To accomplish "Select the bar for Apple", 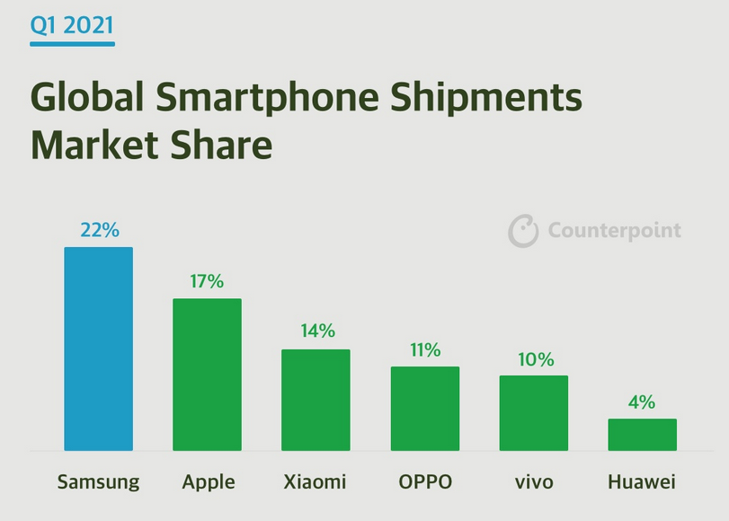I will pos(207,375).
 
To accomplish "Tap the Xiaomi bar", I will pos(316,400).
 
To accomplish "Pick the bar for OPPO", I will pos(424,409).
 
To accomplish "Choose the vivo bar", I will pos(533,413).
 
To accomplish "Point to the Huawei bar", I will pos(642,435).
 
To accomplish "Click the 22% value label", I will pos(99,230).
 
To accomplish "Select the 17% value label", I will pos(207,281).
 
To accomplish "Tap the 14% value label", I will pos(316,331).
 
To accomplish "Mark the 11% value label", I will pos(425,349).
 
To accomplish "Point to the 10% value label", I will pos(534,358).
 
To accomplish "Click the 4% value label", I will pos(642,402).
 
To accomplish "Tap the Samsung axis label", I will pos(99,481).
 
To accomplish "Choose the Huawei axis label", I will pos(642,481).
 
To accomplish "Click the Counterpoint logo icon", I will pos(523,231).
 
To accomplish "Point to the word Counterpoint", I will pos(615,231).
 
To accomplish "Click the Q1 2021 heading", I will pos(72,25).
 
